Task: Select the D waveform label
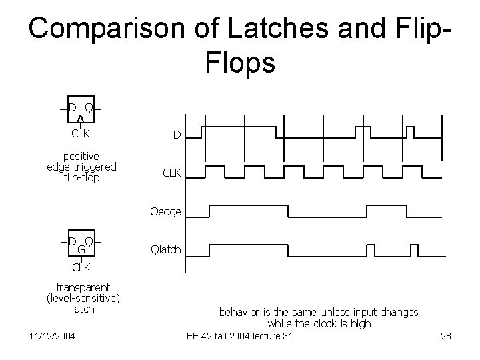177,136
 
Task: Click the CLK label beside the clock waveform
172,173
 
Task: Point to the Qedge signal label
165,211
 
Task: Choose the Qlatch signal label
165,250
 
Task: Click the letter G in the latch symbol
81,249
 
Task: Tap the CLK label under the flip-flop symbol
81,133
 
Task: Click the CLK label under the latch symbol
81,267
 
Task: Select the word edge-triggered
82,167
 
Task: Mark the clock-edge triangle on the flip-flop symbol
81,119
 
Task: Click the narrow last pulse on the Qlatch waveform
413,250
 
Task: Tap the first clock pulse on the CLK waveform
213,171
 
